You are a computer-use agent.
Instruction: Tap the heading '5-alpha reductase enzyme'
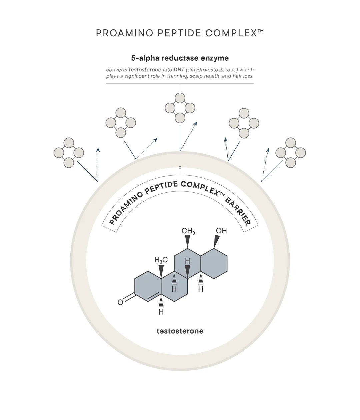180,58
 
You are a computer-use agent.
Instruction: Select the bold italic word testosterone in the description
145,70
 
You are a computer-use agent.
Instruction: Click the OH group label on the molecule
221,230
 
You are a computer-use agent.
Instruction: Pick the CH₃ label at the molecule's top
188,231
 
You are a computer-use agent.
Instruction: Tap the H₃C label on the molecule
161,260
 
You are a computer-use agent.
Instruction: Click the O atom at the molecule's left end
121,302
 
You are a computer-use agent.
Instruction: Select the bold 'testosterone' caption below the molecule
180,331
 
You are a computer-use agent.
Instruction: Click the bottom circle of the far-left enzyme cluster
69,163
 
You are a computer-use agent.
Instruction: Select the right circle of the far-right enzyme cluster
300,153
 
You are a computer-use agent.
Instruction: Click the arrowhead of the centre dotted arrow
195,124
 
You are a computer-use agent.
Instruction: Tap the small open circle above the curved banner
180,167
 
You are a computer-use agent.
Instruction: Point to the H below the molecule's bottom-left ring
161,312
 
